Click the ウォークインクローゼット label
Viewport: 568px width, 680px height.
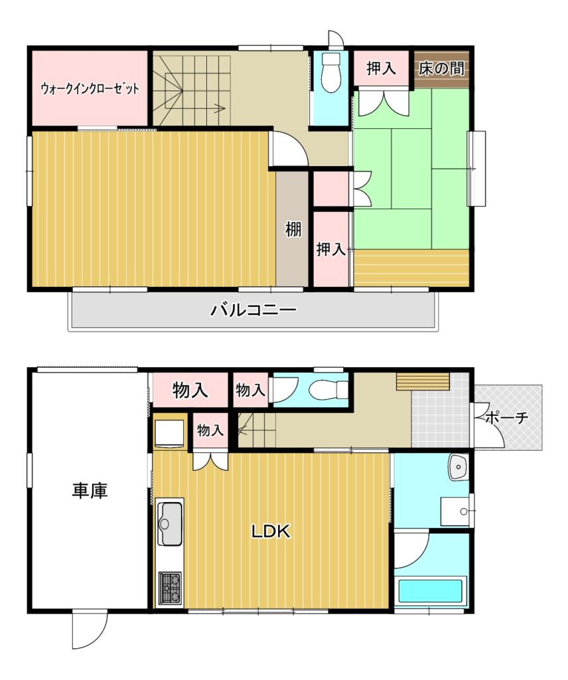coord(90,89)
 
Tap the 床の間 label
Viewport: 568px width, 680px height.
coord(441,68)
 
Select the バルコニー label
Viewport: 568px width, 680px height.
coord(253,310)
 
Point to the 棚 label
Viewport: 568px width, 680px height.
coord(293,229)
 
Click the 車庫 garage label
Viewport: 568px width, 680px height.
coord(90,491)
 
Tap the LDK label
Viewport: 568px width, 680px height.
coord(271,531)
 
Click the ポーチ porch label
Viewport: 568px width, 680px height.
coord(507,418)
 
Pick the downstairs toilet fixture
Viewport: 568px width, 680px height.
coord(329,389)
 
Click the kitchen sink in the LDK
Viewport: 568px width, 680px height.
coord(169,523)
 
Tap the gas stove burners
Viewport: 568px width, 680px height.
coord(170,588)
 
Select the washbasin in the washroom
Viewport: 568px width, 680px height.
coord(458,467)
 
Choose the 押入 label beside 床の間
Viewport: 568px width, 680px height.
coord(382,68)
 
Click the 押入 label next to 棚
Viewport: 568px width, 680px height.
coord(330,250)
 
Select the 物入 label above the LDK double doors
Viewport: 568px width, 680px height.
coord(210,430)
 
